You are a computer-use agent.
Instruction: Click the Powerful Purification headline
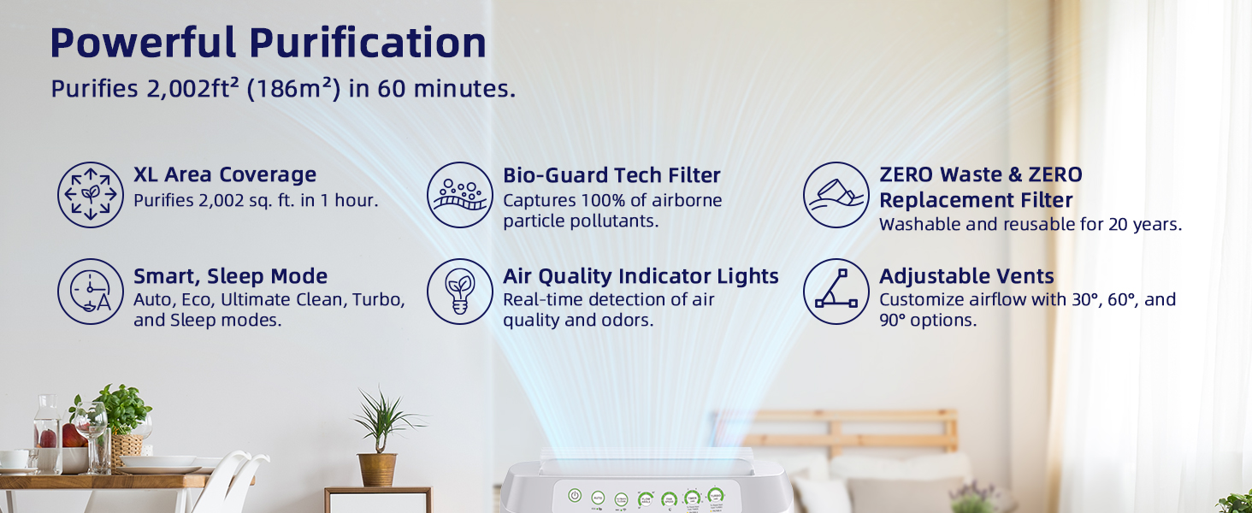pyautogui.click(x=268, y=43)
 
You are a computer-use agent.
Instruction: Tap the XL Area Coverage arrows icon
pyautogui.click(x=91, y=195)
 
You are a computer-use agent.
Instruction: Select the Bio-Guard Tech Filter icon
pyautogui.click(x=460, y=195)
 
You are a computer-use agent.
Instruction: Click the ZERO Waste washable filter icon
pyautogui.click(x=836, y=195)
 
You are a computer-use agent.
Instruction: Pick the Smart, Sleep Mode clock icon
pyautogui.click(x=91, y=292)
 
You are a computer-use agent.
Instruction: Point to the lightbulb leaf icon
pyautogui.click(x=460, y=292)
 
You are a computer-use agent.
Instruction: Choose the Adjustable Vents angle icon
pyautogui.click(x=836, y=292)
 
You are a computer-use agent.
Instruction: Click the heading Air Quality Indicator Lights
pyautogui.click(x=641, y=276)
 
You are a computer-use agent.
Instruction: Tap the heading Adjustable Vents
pyautogui.click(x=966, y=276)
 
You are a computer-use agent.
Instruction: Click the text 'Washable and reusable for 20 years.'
pyautogui.click(x=1031, y=225)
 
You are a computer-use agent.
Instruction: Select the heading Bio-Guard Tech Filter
pyautogui.click(x=611, y=175)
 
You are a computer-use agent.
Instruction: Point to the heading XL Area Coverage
pyautogui.click(x=225, y=174)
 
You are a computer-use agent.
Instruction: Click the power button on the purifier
pyautogui.click(x=576, y=496)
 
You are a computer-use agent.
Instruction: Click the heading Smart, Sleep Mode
pyautogui.click(x=231, y=276)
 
